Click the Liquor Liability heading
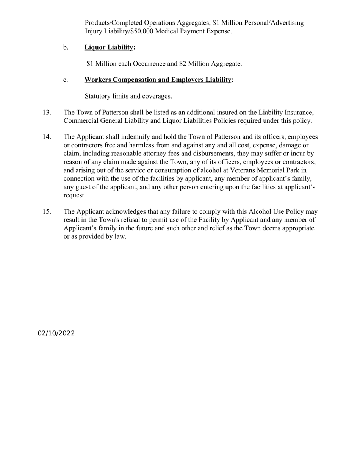point(109,47)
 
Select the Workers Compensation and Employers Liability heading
point(158,80)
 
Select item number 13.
point(47,113)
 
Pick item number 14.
point(47,137)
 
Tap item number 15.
point(47,212)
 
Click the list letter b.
point(66,47)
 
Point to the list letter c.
point(66,80)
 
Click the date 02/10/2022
point(56,333)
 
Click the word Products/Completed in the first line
point(114,23)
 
